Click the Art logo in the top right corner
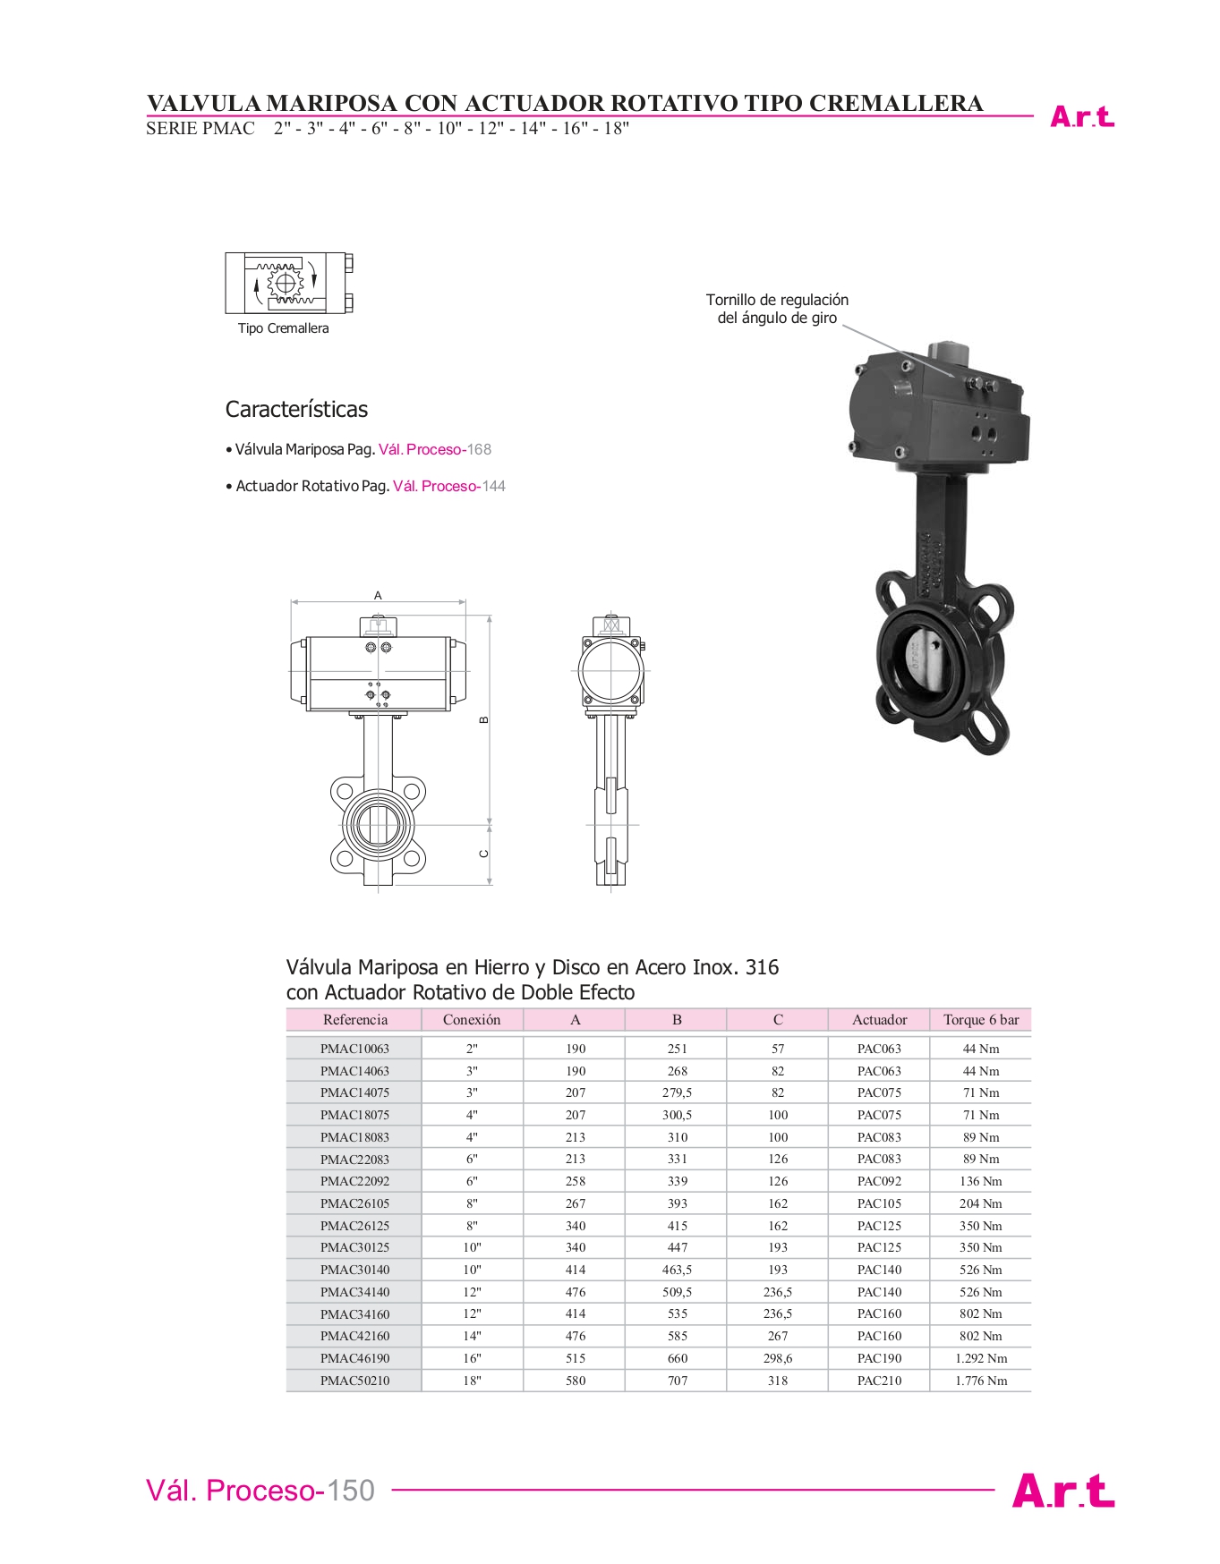[x=1081, y=117]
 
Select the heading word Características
[x=296, y=410]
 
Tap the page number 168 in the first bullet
[x=479, y=450]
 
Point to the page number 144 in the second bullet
[x=493, y=487]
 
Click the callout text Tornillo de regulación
[x=777, y=301]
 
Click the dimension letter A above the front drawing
[x=378, y=595]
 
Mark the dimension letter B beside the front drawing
[x=484, y=719]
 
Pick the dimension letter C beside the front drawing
[x=484, y=854]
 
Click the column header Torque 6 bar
[x=981, y=1020]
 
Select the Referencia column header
[x=354, y=1020]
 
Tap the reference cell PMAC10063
[x=354, y=1049]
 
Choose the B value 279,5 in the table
[x=677, y=1092]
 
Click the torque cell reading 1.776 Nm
[x=981, y=1381]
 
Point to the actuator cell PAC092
[x=879, y=1181]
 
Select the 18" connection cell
[x=472, y=1381]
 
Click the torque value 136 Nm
[x=981, y=1181]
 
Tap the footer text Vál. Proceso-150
[x=260, y=1491]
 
